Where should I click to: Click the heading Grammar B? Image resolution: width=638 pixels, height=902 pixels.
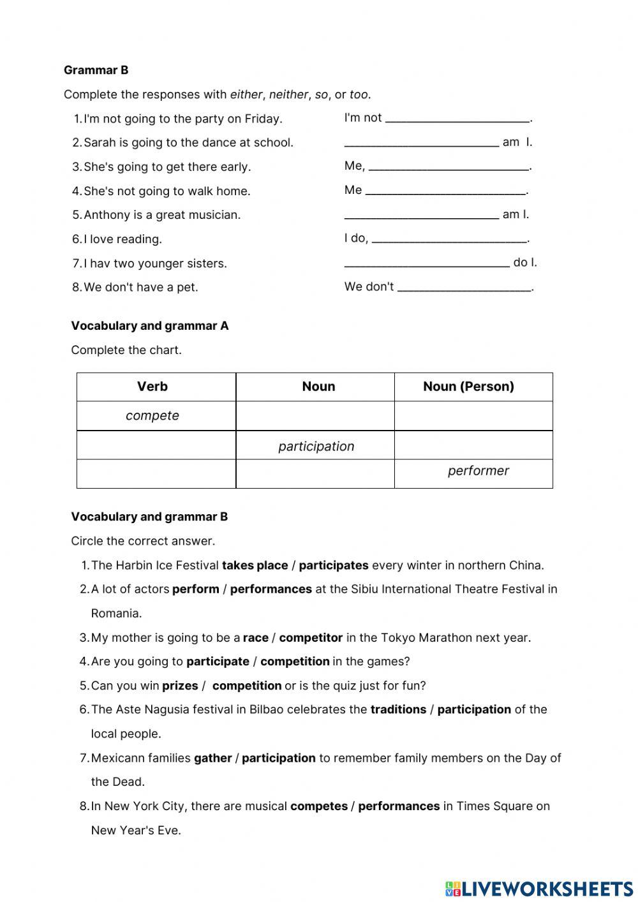(96, 70)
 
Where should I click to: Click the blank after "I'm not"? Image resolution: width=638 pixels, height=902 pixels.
(457, 117)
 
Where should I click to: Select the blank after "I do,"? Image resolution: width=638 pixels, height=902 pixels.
(449, 239)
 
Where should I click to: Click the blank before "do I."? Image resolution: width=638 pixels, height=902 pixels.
(426, 262)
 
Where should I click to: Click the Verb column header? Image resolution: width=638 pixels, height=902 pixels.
(152, 387)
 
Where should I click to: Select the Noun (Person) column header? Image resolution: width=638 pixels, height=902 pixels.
(468, 387)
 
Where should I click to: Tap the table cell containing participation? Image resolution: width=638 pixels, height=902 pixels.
(316, 447)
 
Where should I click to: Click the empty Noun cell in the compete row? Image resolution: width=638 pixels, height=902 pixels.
(316, 416)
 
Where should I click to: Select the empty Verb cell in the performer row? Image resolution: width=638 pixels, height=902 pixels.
(156, 473)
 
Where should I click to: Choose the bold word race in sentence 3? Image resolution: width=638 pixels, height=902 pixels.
(255, 638)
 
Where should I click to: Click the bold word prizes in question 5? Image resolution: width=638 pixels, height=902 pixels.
(180, 686)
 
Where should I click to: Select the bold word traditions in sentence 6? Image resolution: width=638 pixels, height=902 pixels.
(398, 709)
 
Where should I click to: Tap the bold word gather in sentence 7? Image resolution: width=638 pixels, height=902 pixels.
(212, 758)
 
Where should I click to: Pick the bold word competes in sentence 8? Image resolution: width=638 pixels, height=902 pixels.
(318, 806)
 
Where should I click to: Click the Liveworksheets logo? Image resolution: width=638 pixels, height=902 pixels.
(539, 889)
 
